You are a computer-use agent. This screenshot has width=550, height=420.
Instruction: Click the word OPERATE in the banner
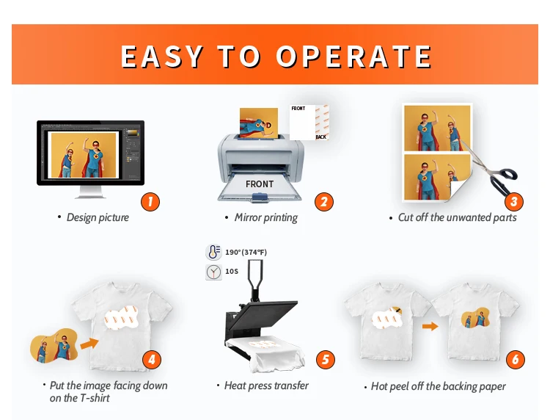(354, 57)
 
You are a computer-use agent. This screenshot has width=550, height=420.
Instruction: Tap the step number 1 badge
(150, 202)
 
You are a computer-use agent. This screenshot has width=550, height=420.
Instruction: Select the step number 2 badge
(323, 202)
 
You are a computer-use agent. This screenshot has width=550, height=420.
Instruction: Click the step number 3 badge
(514, 202)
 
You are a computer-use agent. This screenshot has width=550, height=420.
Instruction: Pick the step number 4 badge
(152, 360)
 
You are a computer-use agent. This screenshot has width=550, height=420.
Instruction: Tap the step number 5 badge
(325, 360)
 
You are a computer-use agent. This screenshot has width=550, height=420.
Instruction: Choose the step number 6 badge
(516, 360)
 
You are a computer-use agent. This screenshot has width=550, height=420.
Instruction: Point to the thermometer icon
(213, 252)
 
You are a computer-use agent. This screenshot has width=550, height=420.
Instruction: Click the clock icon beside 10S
(213, 272)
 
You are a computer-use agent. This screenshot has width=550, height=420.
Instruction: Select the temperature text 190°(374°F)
(246, 252)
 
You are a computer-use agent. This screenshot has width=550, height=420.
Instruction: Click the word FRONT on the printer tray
(259, 184)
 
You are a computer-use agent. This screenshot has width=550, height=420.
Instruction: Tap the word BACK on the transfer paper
(320, 137)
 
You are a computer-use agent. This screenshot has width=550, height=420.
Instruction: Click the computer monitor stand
(90, 192)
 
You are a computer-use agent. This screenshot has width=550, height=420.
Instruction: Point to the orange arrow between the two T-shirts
(430, 326)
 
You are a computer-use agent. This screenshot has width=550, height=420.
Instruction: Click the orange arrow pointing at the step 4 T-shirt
(89, 343)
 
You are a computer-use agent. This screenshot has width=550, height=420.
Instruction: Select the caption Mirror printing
(266, 217)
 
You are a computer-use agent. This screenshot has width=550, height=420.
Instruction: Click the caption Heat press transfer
(266, 385)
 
